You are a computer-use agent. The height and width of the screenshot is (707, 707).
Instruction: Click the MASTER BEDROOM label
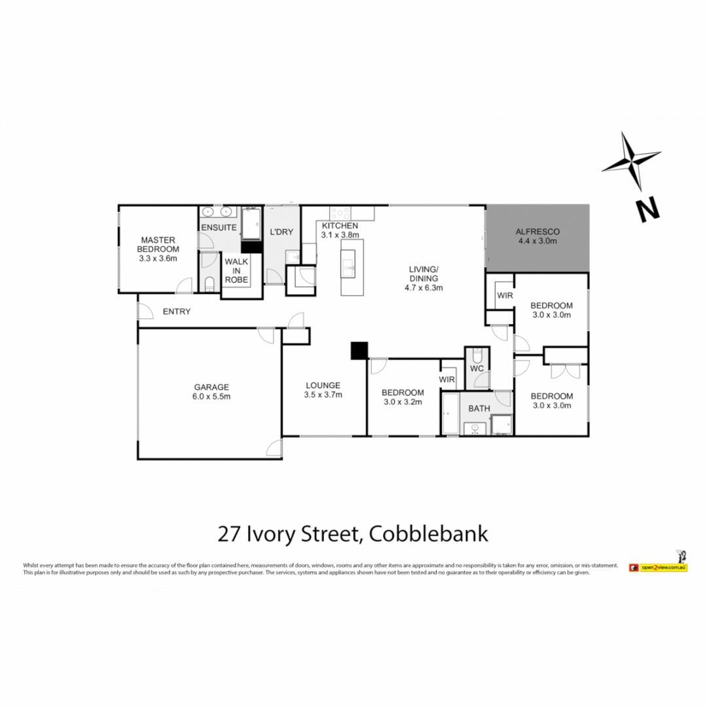(x=158, y=244)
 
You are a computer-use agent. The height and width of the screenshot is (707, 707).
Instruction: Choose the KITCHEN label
(x=339, y=226)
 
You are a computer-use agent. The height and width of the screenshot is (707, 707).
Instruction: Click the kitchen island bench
(x=352, y=266)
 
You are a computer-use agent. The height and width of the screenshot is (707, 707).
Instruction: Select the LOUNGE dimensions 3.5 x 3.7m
(x=323, y=395)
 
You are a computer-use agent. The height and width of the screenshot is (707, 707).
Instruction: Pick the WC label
(x=477, y=369)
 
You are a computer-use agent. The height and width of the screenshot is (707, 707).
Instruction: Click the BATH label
(x=479, y=408)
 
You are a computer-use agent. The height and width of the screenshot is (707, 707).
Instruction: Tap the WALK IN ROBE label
(x=236, y=270)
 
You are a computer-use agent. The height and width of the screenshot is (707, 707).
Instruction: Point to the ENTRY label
(x=177, y=312)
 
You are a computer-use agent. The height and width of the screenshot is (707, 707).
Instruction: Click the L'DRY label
(x=281, y=232)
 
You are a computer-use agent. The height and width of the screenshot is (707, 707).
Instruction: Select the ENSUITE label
(x=219, y=228)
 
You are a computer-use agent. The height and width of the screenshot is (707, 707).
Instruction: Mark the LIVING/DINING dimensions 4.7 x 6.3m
(x=424, y=287)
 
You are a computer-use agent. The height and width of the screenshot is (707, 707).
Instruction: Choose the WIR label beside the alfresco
(x=504, y=295)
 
